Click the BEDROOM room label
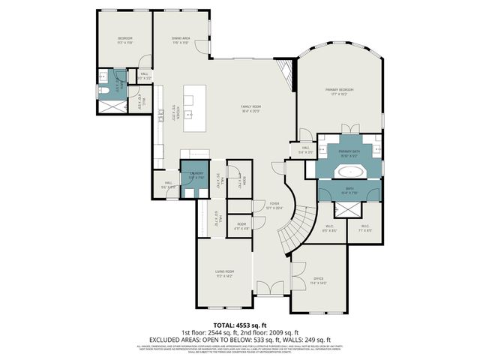(124, 39)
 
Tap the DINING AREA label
(180, 39)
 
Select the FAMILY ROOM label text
(250, 108)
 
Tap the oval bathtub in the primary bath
(349, 171)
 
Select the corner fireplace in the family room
(284, 73)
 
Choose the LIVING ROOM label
(225, 272)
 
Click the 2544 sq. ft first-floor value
(216, 332)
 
